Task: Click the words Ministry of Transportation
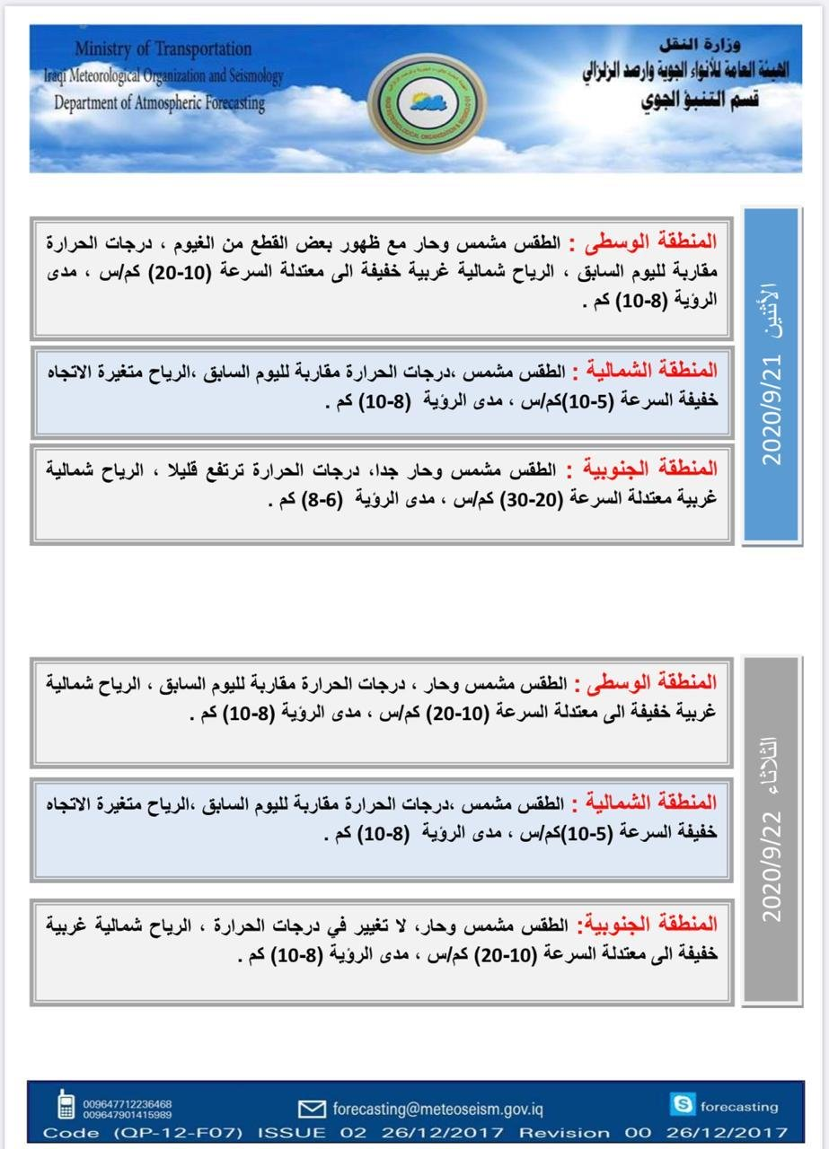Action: click(163, 48)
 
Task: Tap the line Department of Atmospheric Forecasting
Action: click(160, 102)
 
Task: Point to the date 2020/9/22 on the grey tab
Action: click(772, 866)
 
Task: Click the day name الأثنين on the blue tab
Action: click(772, 311)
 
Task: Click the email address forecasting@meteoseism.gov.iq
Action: click(437, 1109)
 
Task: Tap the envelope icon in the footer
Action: click(311, 1109)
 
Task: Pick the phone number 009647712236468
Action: click(128, 1103)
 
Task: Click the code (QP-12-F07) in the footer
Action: click(179, 1133)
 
